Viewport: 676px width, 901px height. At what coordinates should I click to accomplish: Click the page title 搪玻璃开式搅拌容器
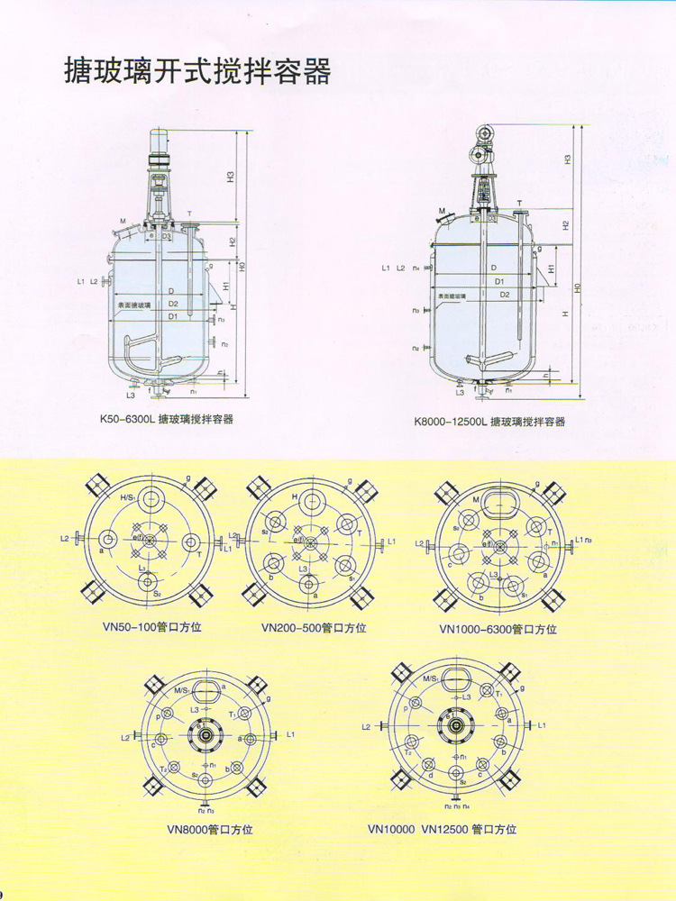[197, 69]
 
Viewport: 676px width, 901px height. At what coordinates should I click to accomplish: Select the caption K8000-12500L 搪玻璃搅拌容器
[489, 421]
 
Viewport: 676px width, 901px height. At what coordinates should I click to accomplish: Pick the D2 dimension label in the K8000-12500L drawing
[505, 295]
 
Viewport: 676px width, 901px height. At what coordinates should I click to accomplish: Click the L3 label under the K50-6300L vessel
[131, 395]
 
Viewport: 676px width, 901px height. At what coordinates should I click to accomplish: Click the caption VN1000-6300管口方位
[498, 629]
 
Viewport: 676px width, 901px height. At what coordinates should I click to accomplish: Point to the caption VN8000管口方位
[210, 829]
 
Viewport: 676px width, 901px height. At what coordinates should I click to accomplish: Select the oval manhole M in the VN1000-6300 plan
[494, 501]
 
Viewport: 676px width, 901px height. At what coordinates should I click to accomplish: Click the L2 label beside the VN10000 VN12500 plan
[366, 725]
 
